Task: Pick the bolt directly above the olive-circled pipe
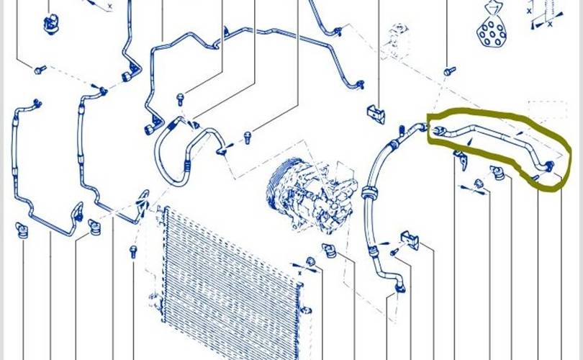[x=450, y=71]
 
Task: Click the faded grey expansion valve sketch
[x=395, y=41]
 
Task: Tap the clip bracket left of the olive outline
[x=376, y=114]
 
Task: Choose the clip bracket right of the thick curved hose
[x=410, y=240]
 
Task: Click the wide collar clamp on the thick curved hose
[x=369, y=192]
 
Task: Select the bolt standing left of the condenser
[x=133, y=251]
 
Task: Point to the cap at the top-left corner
[x=51, y=24]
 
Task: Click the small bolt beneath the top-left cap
[x=40, y=70]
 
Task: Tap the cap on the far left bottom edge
[x=21, y=230]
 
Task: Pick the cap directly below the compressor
[x=329, y=251]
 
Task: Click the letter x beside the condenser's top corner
[x=299, y=274]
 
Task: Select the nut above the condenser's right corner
[x=310, y=261]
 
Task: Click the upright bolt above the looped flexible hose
[x=181, y=99]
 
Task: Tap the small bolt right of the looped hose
[x=247, y=138]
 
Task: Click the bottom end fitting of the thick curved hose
[x=399, y=286]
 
